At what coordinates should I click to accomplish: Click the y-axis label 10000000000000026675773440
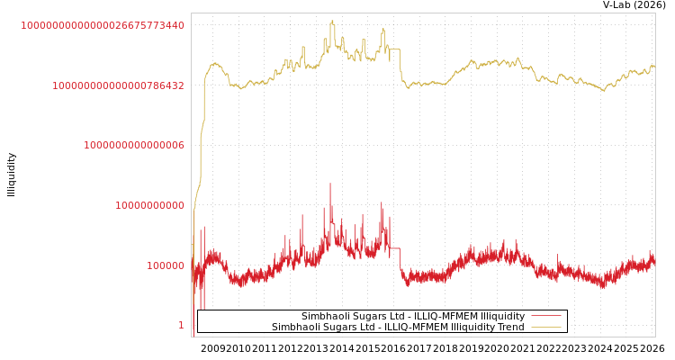(x=103, y=25)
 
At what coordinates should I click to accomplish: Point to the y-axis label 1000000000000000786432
(x=118, y=85)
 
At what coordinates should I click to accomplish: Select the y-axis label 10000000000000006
(x=134, y=145)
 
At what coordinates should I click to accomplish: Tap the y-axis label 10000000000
(x=149, y=205)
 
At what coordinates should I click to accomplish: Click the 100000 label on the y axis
(x=166, y=265)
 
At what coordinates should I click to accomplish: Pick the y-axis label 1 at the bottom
(x=181, y=325)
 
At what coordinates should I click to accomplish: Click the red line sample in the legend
(x=545, y=317)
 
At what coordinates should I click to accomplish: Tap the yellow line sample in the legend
(x=545, y=328)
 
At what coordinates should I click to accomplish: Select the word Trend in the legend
(x=509, y=328)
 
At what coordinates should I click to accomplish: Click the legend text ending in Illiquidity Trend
(x=398, y=328)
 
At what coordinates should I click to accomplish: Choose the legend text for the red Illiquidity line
(x=412, y=317)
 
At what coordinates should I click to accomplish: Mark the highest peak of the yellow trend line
(x=332, y=22)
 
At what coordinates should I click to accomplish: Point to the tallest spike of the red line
(x=329, y=184)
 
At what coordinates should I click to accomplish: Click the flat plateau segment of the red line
(x=394, y=248)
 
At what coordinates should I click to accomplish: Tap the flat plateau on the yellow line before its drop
(x=394, y=49)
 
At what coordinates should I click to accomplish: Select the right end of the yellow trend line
(x=653, y=66)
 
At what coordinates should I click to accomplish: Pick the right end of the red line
(x=653, y=260)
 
